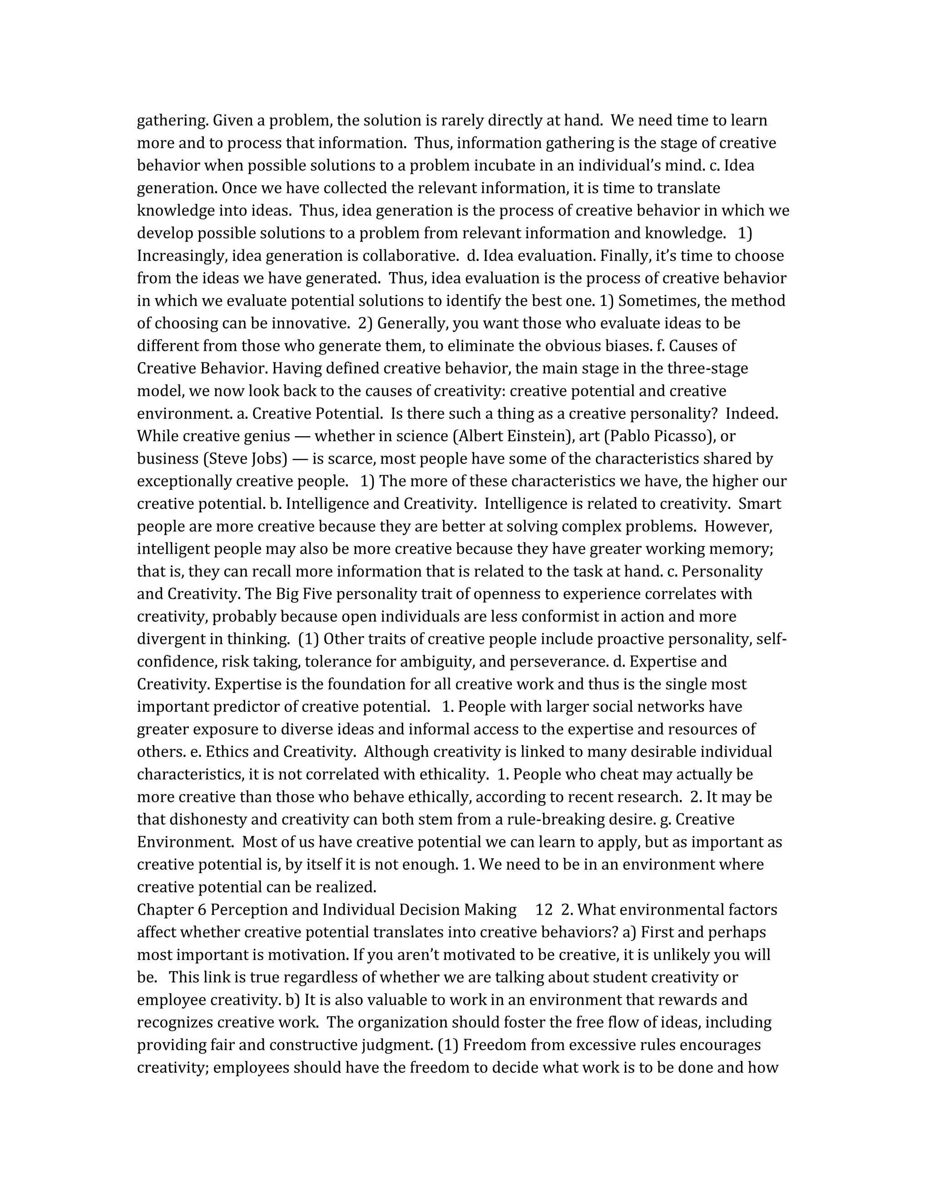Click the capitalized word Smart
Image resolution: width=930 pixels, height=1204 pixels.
760,504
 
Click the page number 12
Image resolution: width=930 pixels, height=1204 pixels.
544,910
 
